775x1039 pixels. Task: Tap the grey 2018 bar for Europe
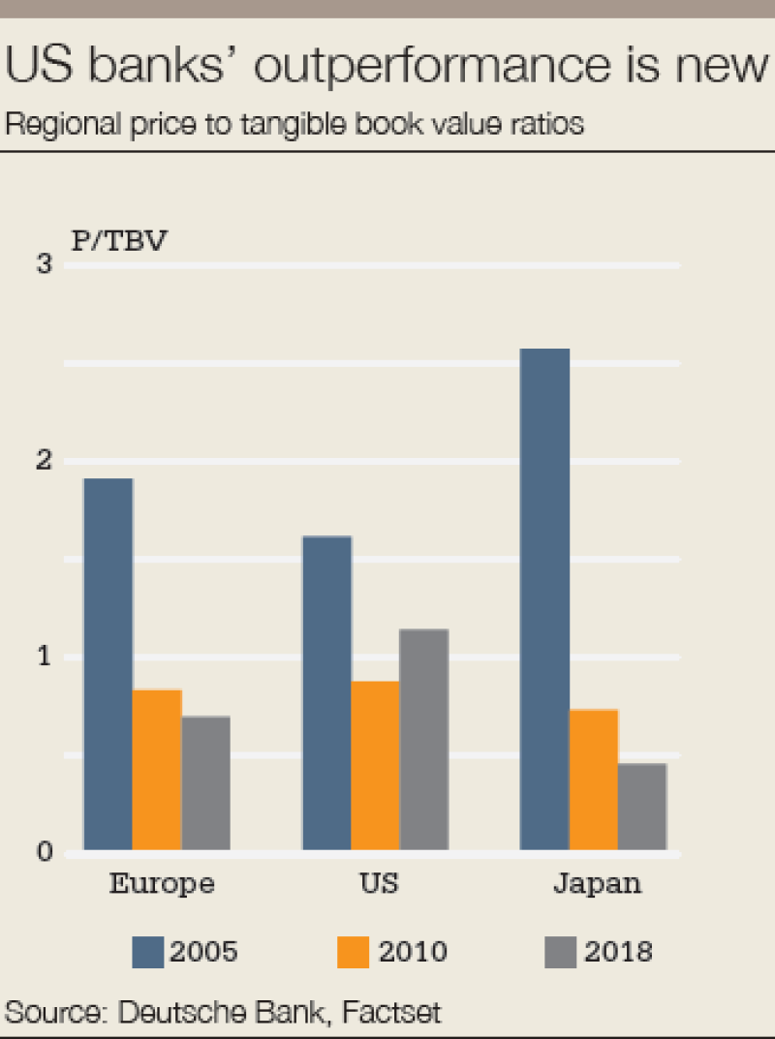click(x=205, y=783)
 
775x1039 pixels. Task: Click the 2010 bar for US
click(x=375, y=766)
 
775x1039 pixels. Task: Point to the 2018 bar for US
click(x=423, y=740)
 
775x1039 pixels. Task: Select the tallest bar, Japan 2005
click(x=544, y=599)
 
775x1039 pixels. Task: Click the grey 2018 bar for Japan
click(x=641, y=807)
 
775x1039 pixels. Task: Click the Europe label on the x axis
click(x=161, y=884)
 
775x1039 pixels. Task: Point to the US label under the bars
click(x=377, y=884)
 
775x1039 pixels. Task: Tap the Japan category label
click(x=597, y=885)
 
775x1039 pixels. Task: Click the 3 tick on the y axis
click(x=44, y=264)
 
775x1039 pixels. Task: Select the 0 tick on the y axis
click(x=44, y=853)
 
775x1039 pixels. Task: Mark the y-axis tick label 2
click(x=44, y=461)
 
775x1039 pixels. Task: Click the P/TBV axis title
click(x=118, y=239)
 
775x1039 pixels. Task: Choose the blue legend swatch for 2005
click(x=148, y=953)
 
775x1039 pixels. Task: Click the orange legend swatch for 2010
click(x=354, y=953)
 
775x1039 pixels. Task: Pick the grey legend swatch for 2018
click(x=560, y=953)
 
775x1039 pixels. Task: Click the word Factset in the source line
click(x=389, y=1013)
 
